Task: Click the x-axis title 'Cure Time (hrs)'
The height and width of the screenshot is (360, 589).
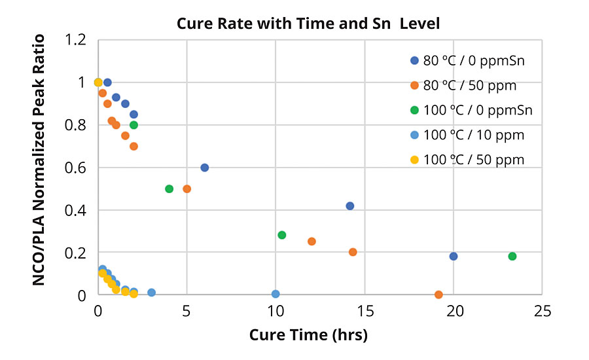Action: coord(308,336)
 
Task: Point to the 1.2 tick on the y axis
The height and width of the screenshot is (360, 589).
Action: coord(77,40)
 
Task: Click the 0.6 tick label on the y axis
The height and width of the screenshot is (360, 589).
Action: coord(77,168)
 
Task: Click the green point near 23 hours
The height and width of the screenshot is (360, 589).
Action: coord(512,256)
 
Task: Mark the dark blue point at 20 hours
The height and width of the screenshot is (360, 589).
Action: coord(454,256)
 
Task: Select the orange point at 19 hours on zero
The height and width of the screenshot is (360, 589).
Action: coord(438,295)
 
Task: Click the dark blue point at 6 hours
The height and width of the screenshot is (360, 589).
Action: coord(204,168)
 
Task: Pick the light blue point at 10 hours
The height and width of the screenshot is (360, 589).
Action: coord(276,294)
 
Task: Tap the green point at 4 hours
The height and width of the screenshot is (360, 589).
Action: coord(170,189)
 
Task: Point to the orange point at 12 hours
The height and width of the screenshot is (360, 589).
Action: coord(312,242)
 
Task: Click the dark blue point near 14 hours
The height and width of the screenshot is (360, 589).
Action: coord(350,206)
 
